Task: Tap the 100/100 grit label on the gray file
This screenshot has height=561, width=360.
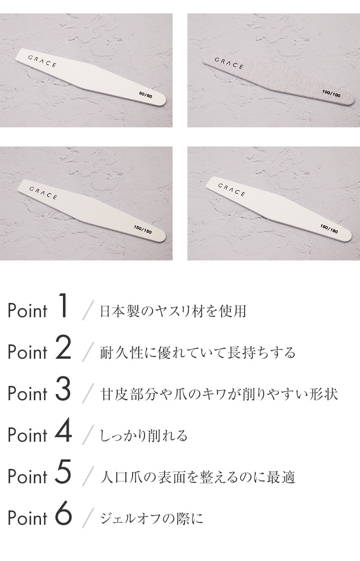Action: [331, 94]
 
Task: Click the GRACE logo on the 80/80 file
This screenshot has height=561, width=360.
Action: [41, 61]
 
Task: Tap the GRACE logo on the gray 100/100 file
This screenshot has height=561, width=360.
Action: [229, 62]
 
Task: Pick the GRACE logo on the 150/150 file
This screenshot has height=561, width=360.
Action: [43, 193]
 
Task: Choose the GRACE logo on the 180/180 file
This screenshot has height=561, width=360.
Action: [231, 189]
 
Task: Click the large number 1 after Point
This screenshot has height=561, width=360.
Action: [64, 308]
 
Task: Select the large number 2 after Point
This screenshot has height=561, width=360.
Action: [63, 349]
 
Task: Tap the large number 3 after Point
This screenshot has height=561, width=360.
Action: [63, 391]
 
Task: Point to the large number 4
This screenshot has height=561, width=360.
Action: [63, 432]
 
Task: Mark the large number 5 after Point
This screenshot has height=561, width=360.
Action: [63, 474]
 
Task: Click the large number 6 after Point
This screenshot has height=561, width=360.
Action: [63, 515]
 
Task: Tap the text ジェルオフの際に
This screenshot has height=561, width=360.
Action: [152, 519]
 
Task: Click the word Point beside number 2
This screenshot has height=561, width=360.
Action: [28, 353]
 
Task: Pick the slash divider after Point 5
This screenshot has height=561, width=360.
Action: [87, 477]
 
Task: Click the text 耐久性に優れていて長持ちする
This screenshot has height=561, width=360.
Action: [198, 353]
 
